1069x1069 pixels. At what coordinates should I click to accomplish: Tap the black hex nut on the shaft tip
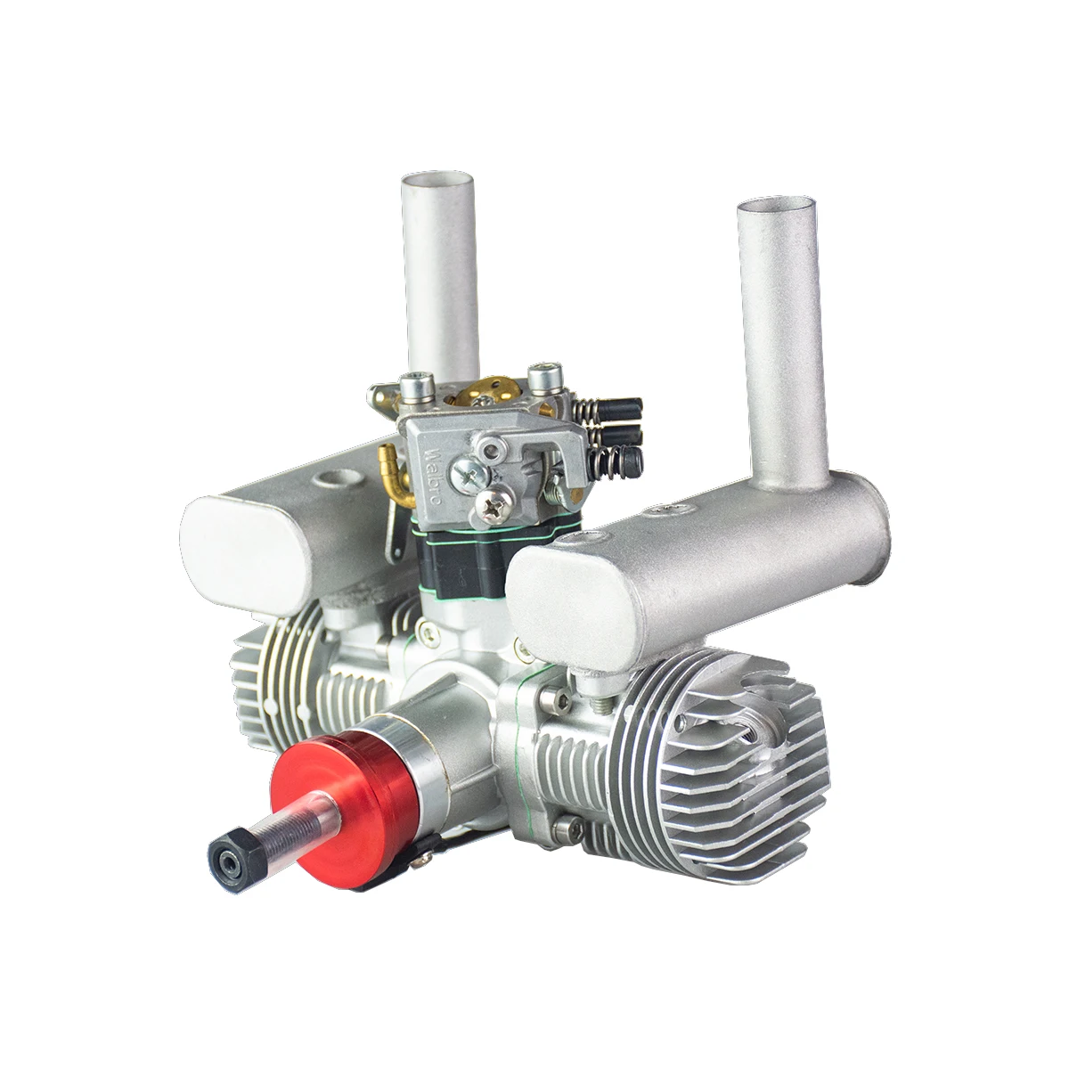[229, 854]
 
